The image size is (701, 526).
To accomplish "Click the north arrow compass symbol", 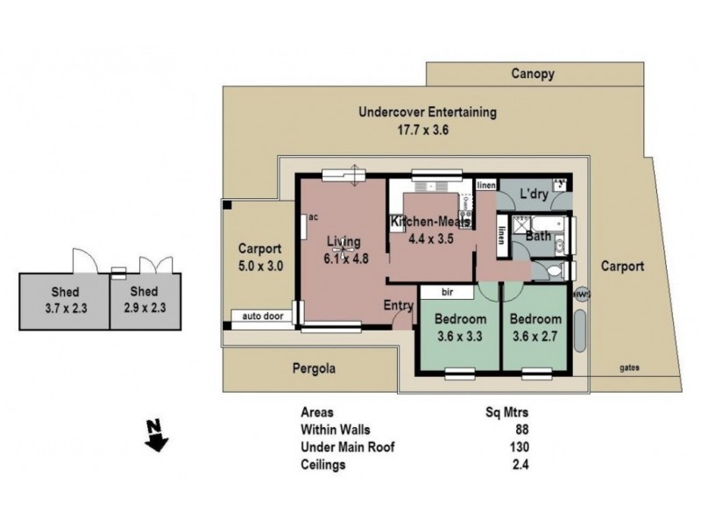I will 157,436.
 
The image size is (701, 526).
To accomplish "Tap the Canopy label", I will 532,75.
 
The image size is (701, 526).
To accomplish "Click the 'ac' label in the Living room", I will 311,218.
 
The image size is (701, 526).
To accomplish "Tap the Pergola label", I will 314,369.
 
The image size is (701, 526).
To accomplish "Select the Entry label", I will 399,305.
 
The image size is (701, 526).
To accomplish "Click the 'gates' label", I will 626,369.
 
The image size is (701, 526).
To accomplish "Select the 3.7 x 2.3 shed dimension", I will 64,309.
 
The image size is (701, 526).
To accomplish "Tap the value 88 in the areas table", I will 523,430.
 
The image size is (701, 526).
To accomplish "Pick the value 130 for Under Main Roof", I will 520,447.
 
